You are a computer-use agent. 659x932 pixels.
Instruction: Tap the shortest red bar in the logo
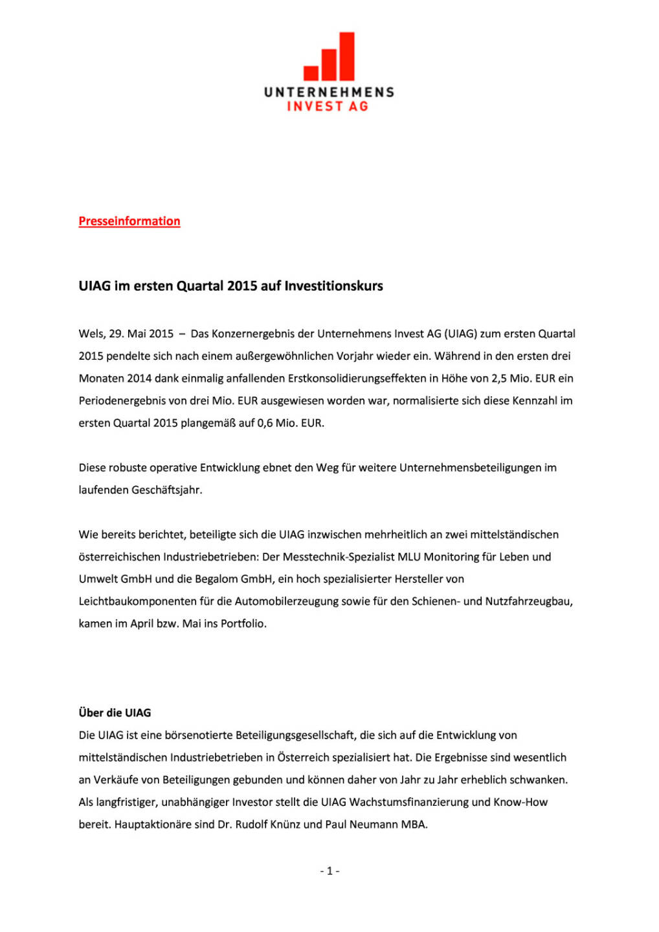tap(311, 72)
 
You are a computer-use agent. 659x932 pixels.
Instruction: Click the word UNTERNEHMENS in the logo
tap(329, 92)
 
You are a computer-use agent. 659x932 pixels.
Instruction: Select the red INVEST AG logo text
tap(328, 106)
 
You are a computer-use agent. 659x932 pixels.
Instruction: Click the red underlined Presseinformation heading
tap(129, 221)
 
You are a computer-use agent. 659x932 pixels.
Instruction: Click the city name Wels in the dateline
tap(91, 334)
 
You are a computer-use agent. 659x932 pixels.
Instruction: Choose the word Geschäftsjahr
tap(166, 490)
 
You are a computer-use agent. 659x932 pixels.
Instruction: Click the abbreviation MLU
tap(409, 557)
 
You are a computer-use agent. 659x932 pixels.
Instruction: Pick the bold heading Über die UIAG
tap(115, 713)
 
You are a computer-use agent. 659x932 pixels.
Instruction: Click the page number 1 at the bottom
tap(329, 871)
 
